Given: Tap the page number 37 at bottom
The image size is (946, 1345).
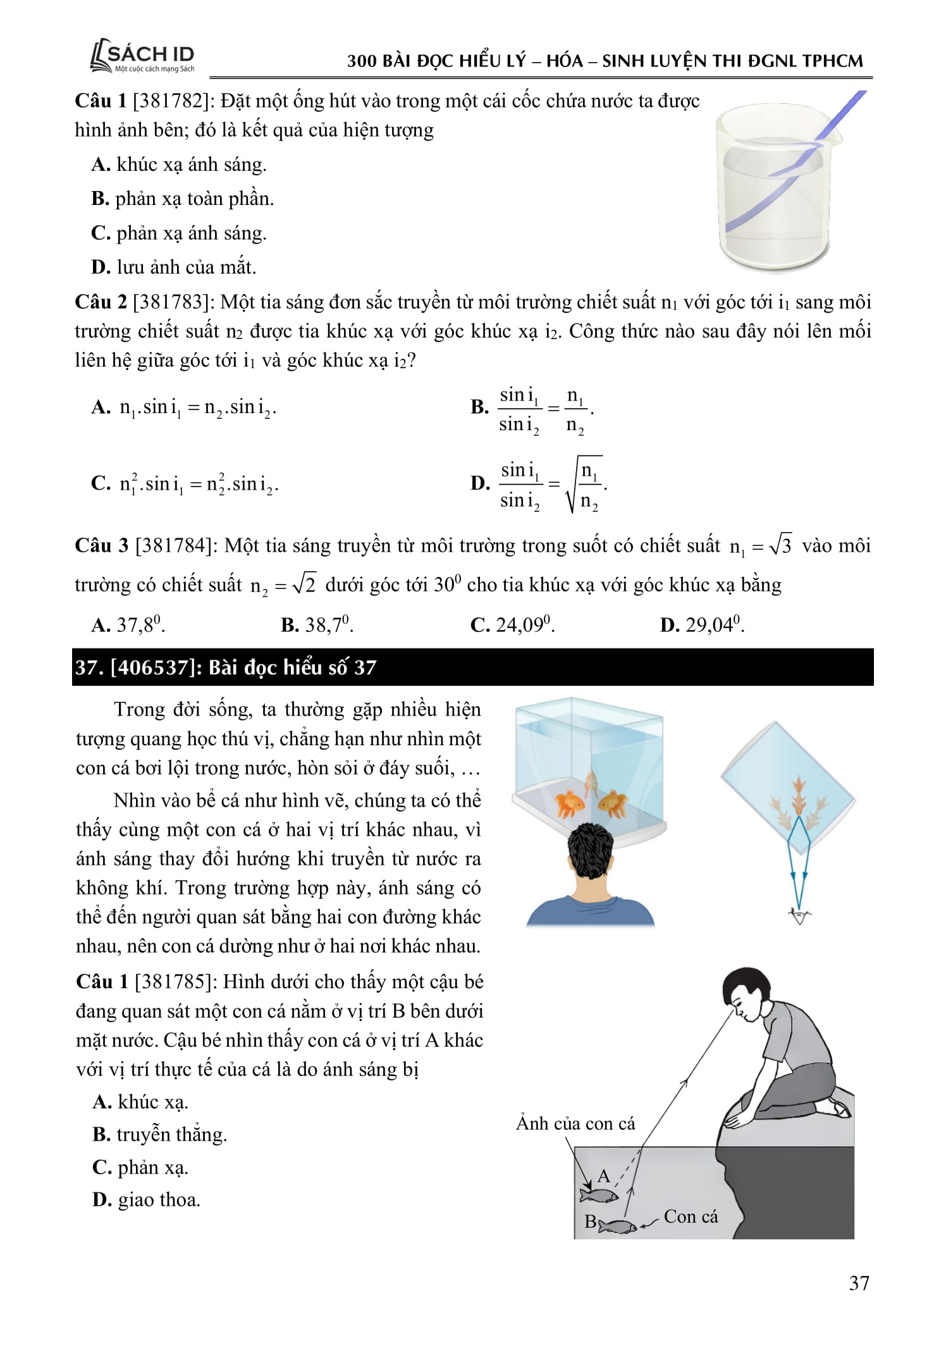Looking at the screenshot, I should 859,1282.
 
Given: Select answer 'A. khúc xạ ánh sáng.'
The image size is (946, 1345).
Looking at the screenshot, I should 179,164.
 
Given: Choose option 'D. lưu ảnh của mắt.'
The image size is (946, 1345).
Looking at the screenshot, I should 174,267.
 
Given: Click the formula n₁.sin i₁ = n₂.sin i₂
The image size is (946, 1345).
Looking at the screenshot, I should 197,407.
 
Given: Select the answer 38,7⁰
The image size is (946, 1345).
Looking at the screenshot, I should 317,625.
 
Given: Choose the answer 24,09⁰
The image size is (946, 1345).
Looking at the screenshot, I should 513,625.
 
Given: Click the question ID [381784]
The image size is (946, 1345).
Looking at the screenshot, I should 173,545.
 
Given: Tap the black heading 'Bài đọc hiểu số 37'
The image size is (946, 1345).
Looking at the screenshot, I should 292,667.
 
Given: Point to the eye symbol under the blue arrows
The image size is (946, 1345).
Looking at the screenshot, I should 800,916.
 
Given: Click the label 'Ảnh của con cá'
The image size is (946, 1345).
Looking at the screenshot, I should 575,1124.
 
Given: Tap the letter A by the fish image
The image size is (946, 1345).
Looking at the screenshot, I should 603,1176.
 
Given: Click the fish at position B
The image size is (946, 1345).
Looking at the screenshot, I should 617,1226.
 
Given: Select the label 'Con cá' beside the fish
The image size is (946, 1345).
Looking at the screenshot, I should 691,1217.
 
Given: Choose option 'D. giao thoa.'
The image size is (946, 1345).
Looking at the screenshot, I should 146,1199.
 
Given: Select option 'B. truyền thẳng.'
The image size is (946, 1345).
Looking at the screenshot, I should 159,1134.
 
